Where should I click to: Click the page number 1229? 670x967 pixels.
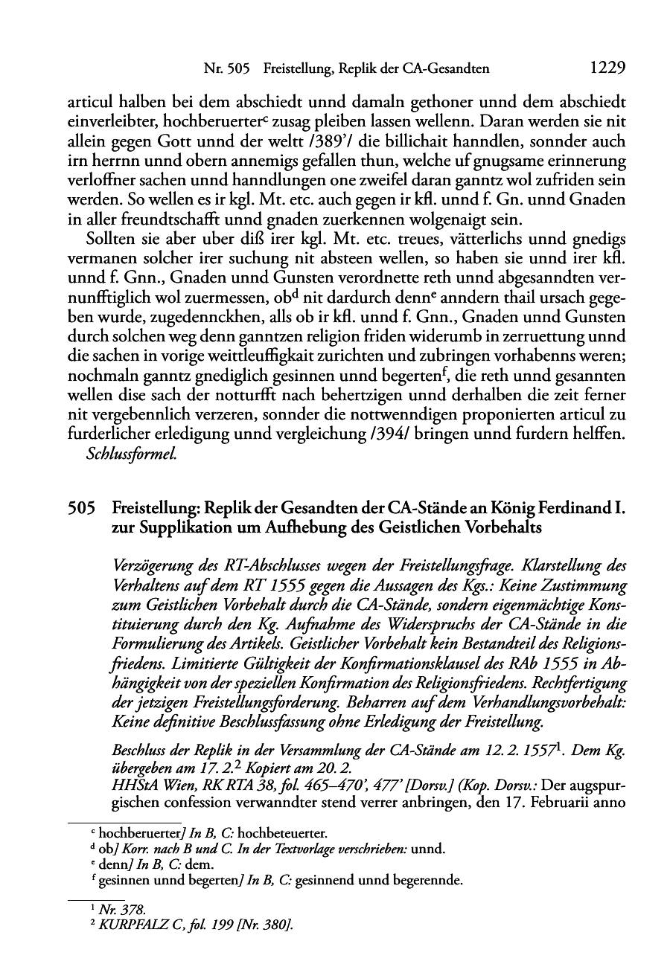click(x=607, y=68)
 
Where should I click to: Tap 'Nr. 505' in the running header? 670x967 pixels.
click(x=226, y=69)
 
